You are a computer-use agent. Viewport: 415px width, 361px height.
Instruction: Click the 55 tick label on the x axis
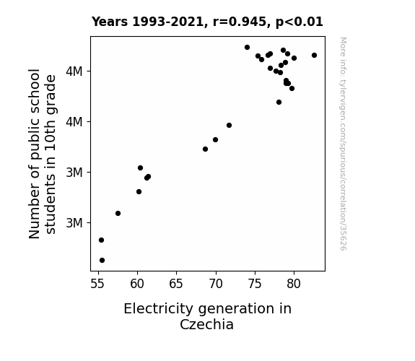click(97, 284)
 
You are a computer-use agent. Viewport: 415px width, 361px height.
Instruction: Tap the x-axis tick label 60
click(137, 284)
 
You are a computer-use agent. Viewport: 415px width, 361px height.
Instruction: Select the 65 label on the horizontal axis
click(176, 284)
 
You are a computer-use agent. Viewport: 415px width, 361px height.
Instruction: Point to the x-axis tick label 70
click(216, 284)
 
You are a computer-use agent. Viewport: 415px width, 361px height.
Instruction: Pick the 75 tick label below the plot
click(255, 284)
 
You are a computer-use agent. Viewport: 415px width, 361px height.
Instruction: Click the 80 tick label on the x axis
click(294, 284)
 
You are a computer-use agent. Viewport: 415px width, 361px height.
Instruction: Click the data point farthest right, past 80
click(314, 56)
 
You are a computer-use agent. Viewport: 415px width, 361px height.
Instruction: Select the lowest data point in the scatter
click(102, 261)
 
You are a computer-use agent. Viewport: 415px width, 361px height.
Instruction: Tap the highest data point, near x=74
click(248, 48)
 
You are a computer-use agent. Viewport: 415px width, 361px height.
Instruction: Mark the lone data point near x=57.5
click(118, 213)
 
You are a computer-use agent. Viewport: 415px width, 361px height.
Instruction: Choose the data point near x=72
click(230, 126)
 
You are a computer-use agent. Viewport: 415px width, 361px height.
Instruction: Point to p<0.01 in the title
click(300, 22)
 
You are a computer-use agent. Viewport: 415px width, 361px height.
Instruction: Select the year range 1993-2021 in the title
click(167, 22)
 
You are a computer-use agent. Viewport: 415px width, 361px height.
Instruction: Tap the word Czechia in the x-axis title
click(206, 324)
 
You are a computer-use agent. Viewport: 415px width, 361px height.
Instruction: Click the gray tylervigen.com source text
click(343, 144)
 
